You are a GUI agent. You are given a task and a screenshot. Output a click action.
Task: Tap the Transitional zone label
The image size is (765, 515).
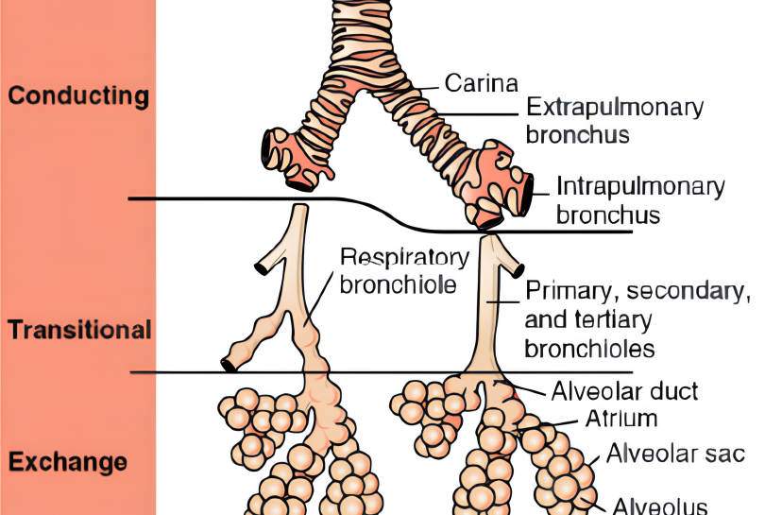click(x=79, y=330)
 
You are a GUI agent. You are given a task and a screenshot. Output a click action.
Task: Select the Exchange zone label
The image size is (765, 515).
click(x=68, y=463)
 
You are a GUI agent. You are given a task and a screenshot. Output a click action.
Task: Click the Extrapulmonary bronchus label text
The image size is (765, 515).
click(x=614, y=120)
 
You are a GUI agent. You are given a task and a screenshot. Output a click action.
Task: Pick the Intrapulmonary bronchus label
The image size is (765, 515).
click(x=640, y=199)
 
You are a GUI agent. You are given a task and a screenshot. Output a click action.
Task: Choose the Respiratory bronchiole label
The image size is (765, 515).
click(x=403, y=271)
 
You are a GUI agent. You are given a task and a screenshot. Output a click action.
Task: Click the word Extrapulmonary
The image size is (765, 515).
click(x=614, y=106)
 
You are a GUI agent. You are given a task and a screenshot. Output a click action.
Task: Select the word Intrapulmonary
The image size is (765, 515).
click(x=640, y=185)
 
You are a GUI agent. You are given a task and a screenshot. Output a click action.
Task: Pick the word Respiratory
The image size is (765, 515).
click(x=404, y=257)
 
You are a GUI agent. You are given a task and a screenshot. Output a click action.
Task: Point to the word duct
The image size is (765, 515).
click(x=677, y=390)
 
